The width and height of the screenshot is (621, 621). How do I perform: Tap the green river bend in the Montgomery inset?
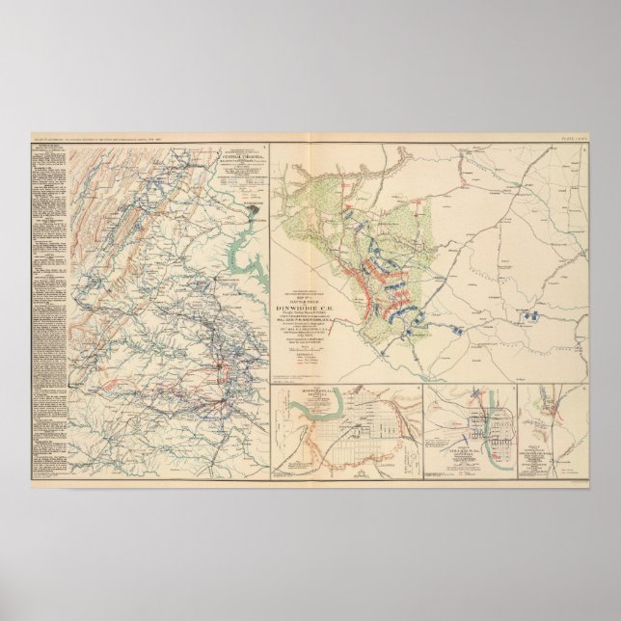coord(313,408)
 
